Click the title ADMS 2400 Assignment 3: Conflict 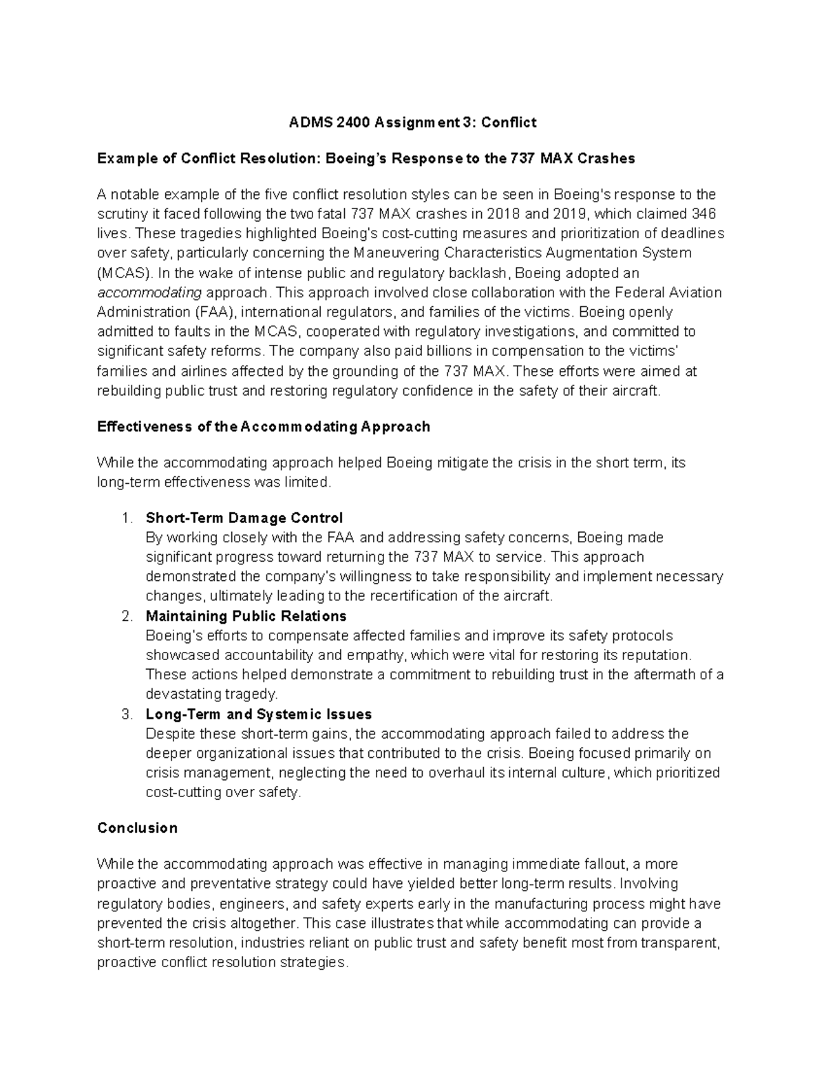[412, 123]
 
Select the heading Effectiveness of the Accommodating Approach [264, 427]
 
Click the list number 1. [125, 518]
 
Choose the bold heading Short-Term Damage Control [244, 518]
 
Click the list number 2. [125, 616]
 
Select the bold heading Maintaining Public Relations [246, 616]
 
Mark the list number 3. [125, 715]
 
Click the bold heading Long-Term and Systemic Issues [258, 715]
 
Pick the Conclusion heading [137, 828]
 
